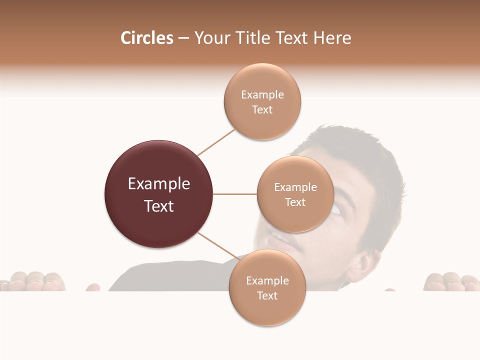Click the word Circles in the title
point(147,38)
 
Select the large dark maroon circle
point(158,194)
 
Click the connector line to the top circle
point(216,142)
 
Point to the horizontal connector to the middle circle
point(235,194)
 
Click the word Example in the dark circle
point(158,184)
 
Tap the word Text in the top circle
point(262,110)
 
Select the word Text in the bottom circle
point(267,295)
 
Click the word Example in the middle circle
point(295,187)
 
